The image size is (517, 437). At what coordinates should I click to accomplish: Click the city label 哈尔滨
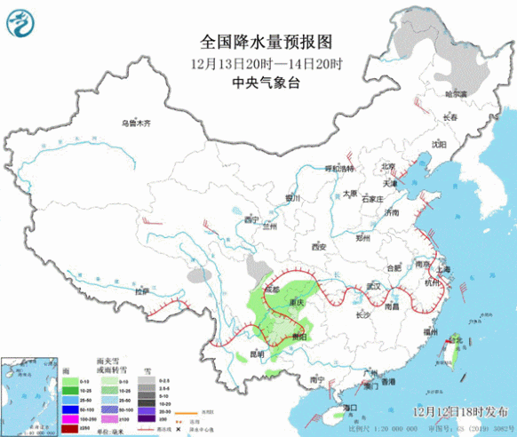click(455, 93)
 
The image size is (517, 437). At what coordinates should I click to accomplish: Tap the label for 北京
click(386, 166)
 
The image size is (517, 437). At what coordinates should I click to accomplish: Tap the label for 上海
click(444, 269)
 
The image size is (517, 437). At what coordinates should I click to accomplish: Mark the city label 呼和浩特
click(338, 169)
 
